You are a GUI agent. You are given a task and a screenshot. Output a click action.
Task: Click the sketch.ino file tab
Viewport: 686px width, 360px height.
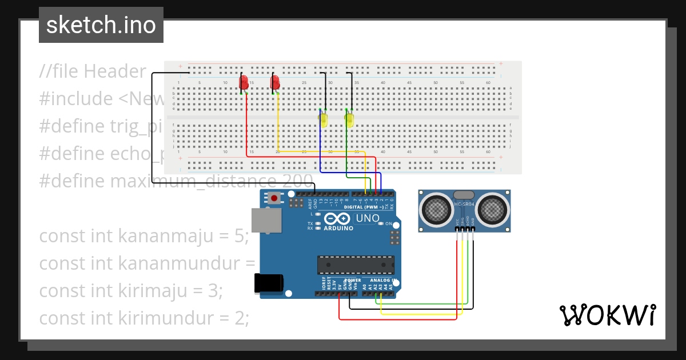101,25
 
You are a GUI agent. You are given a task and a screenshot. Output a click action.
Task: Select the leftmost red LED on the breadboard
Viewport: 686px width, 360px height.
244,82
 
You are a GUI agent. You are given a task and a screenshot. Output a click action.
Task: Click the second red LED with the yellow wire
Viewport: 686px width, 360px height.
275,82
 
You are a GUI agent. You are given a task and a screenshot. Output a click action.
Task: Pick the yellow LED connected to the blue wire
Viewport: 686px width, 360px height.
323,120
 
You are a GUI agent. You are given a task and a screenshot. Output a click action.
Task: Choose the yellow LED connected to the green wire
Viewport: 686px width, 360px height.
349,120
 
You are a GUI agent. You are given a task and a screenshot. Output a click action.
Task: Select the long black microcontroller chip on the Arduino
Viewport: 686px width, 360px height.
356,265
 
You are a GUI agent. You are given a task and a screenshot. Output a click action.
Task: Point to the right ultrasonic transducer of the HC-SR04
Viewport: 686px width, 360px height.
492,210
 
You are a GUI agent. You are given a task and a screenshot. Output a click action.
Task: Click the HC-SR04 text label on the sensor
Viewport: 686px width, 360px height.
464,205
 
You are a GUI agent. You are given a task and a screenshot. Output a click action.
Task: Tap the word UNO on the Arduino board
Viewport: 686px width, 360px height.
368,218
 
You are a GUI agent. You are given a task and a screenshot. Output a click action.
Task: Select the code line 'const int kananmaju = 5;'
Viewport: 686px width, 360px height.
144,236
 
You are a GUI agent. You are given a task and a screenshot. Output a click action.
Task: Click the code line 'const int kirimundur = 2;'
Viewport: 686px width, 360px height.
144,318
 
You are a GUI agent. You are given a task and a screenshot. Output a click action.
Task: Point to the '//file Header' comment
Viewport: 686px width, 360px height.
93,71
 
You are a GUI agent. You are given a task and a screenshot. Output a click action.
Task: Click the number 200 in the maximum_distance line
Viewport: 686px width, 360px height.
298,181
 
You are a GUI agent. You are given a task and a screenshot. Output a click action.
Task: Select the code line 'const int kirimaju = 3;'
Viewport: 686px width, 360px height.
130,291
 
